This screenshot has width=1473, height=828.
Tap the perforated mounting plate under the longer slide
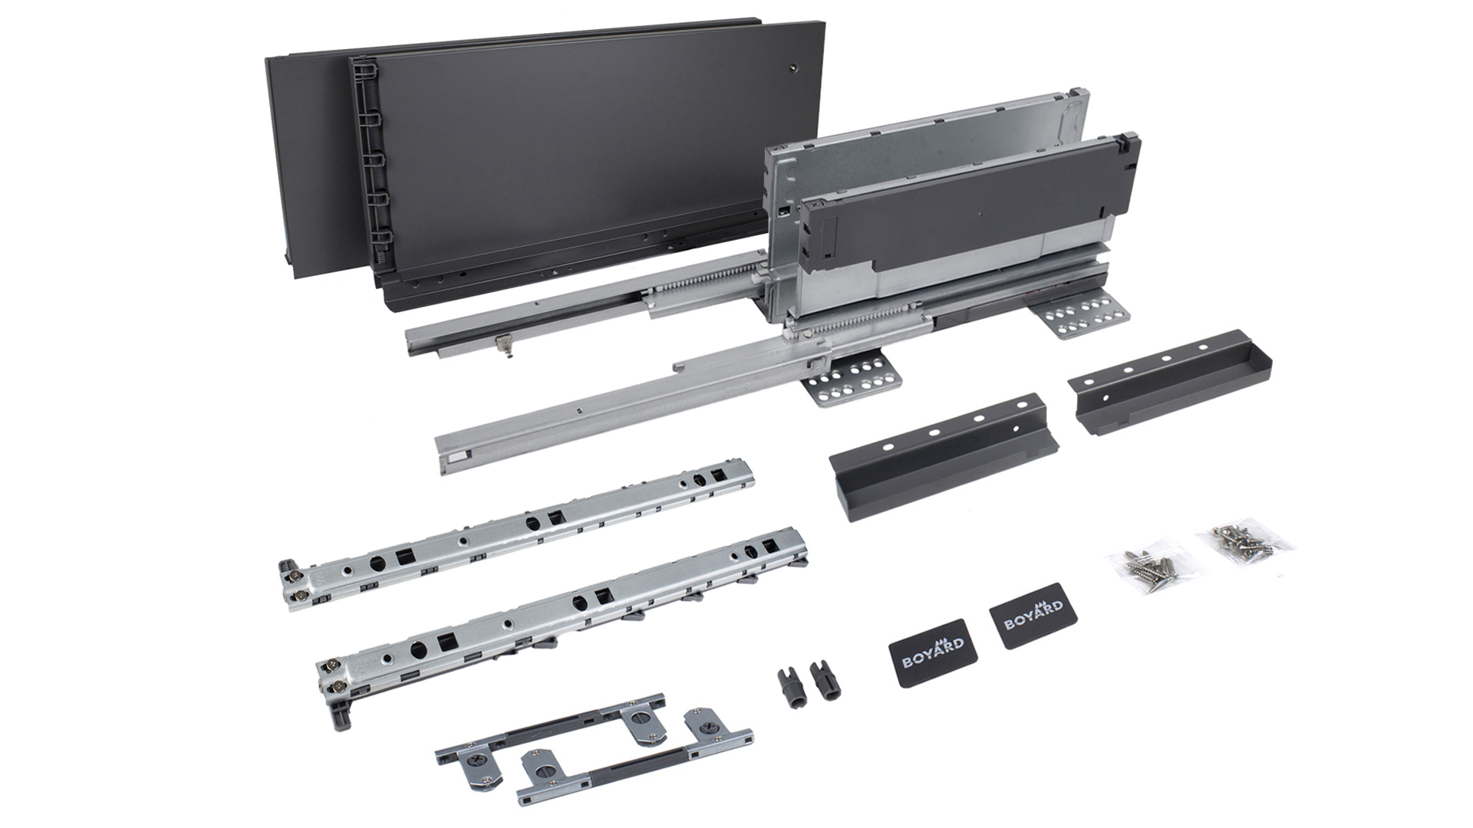point(852,379)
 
